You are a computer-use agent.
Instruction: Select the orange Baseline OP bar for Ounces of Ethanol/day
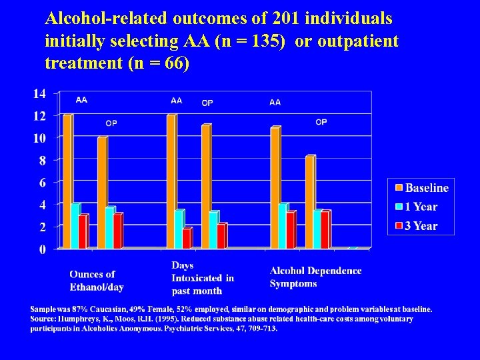[102, 193]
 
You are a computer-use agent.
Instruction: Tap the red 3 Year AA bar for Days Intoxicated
[187, 238]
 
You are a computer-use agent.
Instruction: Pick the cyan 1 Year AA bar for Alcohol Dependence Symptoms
[283, 226]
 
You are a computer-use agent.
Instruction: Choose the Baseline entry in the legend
[421, 188]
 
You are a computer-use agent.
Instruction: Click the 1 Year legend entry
[416, 207]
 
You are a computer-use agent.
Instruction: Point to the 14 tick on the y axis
[39, 94]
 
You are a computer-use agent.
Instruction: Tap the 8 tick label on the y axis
[42, 161]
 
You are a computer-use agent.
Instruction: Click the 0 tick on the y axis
[42, 249]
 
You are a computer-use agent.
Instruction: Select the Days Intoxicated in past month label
[202, 278]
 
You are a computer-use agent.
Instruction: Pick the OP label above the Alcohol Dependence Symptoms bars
[321, 122]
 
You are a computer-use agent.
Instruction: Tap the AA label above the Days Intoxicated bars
[176, 101]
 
